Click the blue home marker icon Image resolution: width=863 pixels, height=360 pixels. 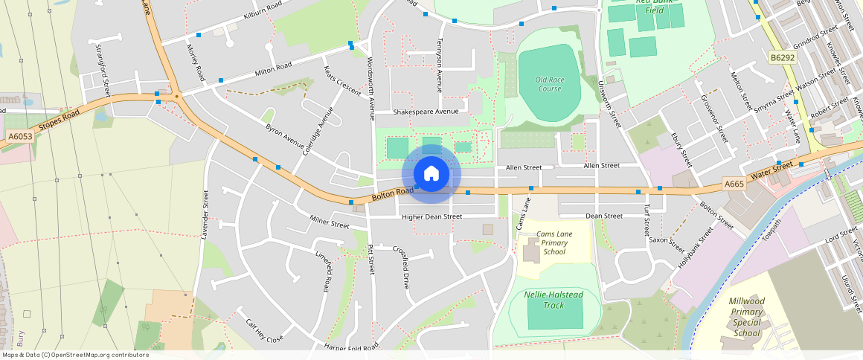[431, 174]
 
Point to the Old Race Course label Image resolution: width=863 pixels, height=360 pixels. [549, 84]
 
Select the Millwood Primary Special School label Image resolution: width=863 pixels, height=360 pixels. [746, 317]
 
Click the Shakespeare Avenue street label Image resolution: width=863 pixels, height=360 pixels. [426, 112]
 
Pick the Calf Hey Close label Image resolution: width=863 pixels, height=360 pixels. [265, 330]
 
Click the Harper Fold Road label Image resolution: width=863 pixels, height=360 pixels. [351, 346]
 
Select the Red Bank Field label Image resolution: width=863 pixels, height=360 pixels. [649, 6]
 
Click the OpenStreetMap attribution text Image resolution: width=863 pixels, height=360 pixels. [74, 355]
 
